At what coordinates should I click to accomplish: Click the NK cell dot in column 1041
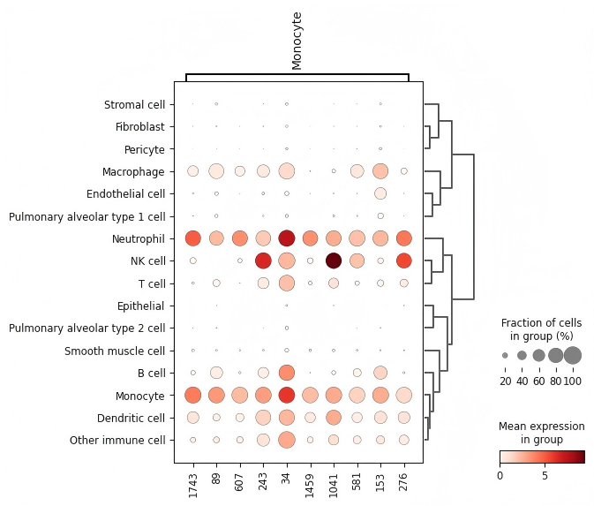point(334,261)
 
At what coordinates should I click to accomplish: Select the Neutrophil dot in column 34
point(286,238)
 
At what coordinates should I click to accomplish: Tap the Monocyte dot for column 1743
point(192,395)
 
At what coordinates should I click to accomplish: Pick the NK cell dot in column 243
point(263,261)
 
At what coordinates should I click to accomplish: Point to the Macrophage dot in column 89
point(215,170)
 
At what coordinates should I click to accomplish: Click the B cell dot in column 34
point(286,373)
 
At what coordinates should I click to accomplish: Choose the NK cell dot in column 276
point(403,261)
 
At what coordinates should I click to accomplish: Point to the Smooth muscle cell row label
point(115,351)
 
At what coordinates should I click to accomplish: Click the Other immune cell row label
point(118,440)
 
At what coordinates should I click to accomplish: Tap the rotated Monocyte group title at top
point(297,40)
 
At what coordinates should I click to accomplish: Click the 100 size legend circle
point(573,355)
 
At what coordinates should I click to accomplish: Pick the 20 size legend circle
point(505,355)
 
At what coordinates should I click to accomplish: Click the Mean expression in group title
point(542,433)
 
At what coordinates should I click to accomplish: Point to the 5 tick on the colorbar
point(545,476)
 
